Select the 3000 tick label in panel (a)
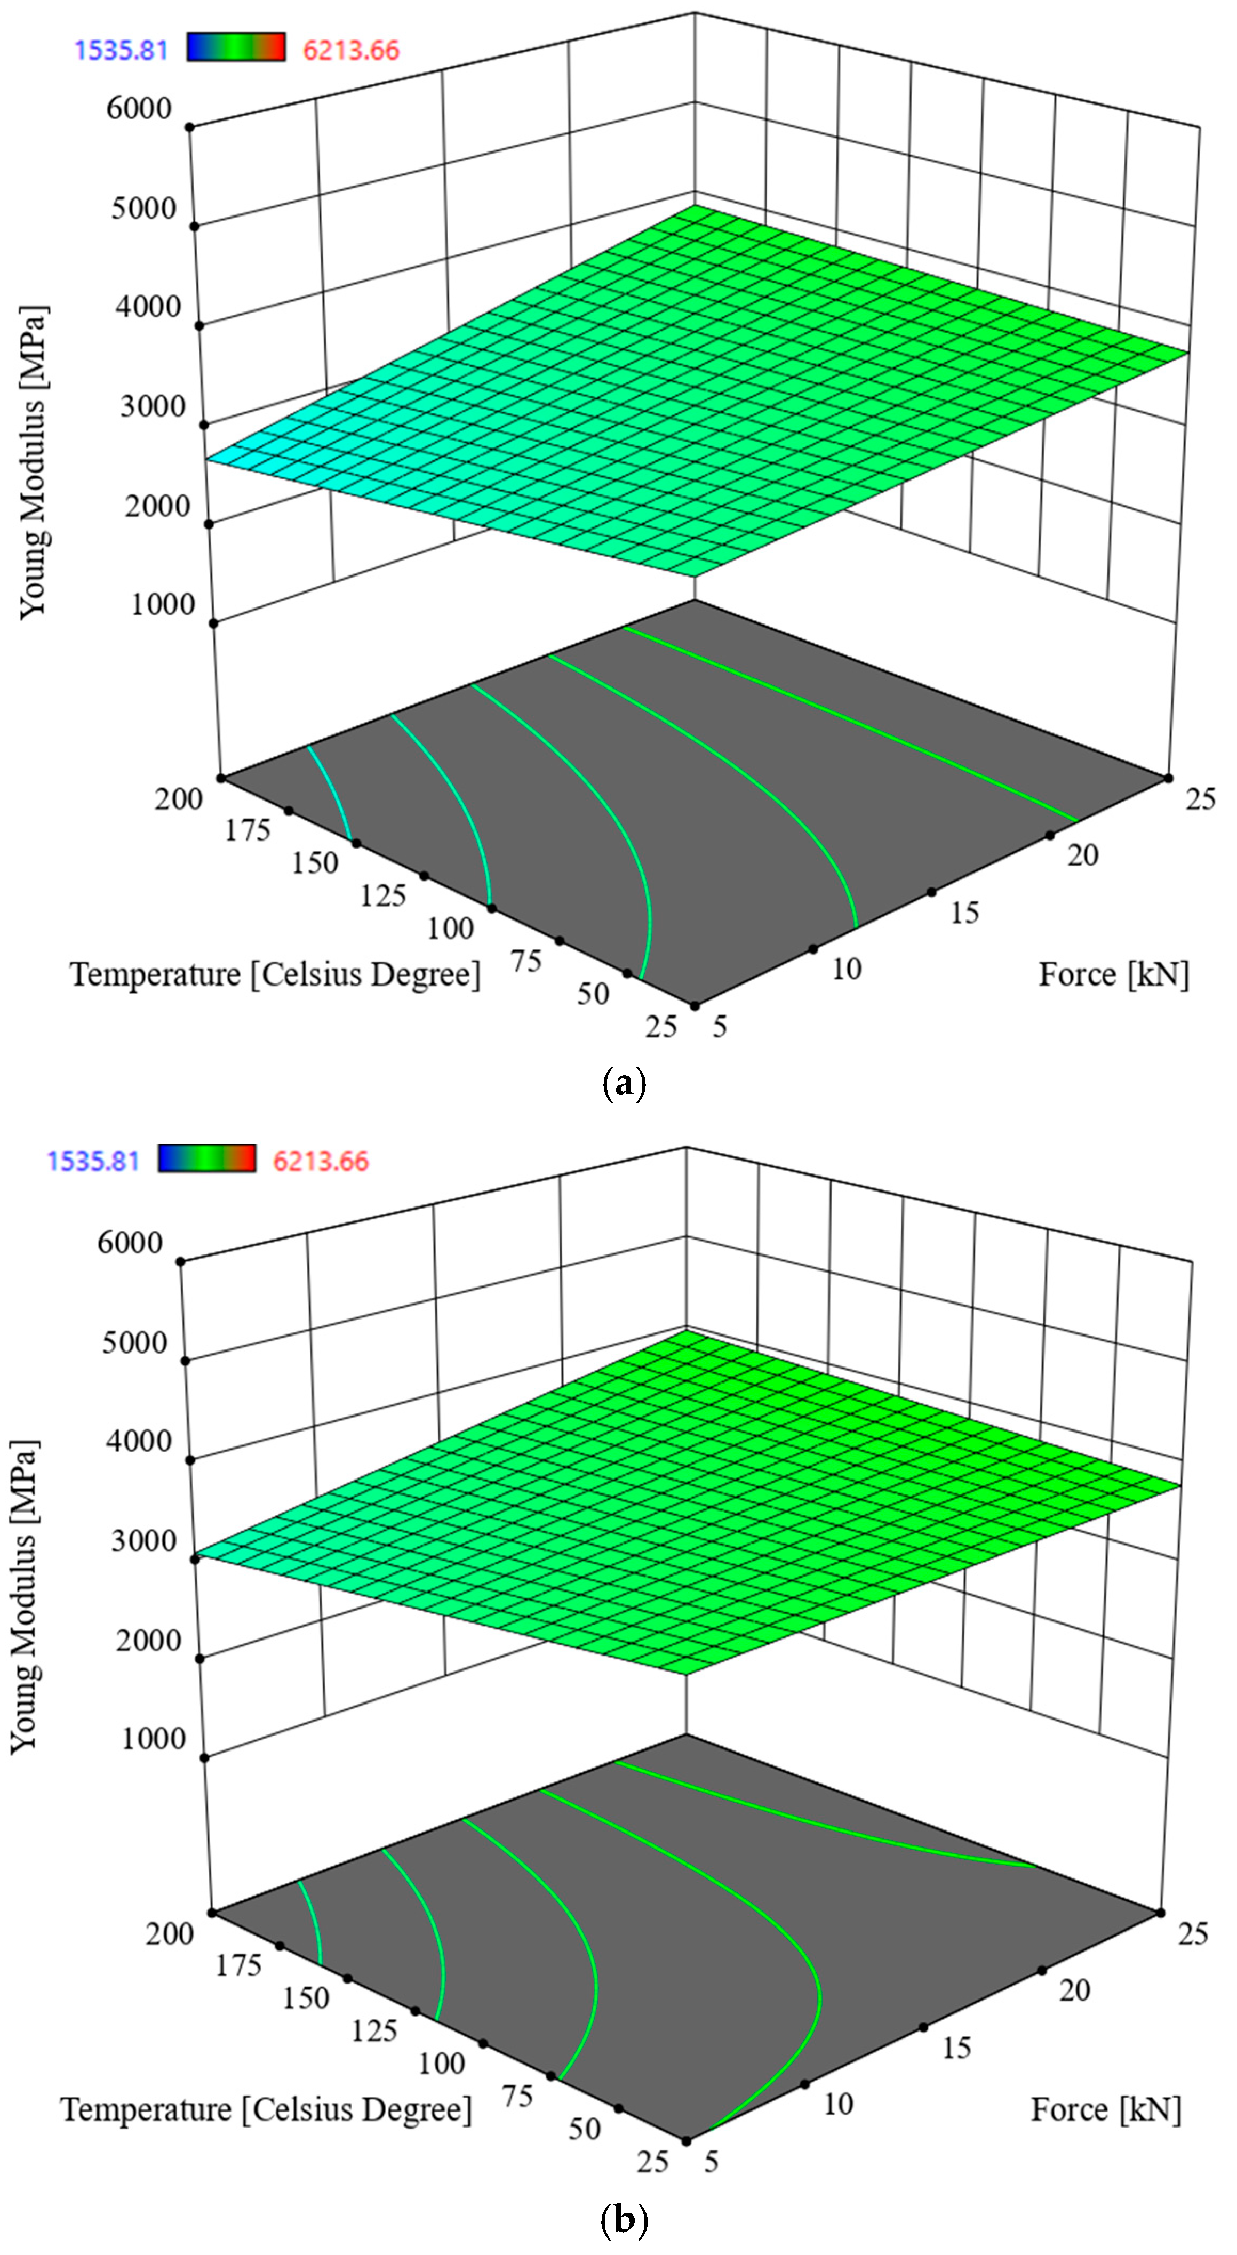click(153, 406)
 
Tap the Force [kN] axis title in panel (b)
click(1106, 2110)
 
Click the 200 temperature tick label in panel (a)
click(179, 798)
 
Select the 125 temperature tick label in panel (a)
click(382, 895)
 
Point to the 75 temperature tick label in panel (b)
click(517, 2097)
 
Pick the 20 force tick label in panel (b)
click(1074, 1990)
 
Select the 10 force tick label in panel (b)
click(838, 2105)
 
